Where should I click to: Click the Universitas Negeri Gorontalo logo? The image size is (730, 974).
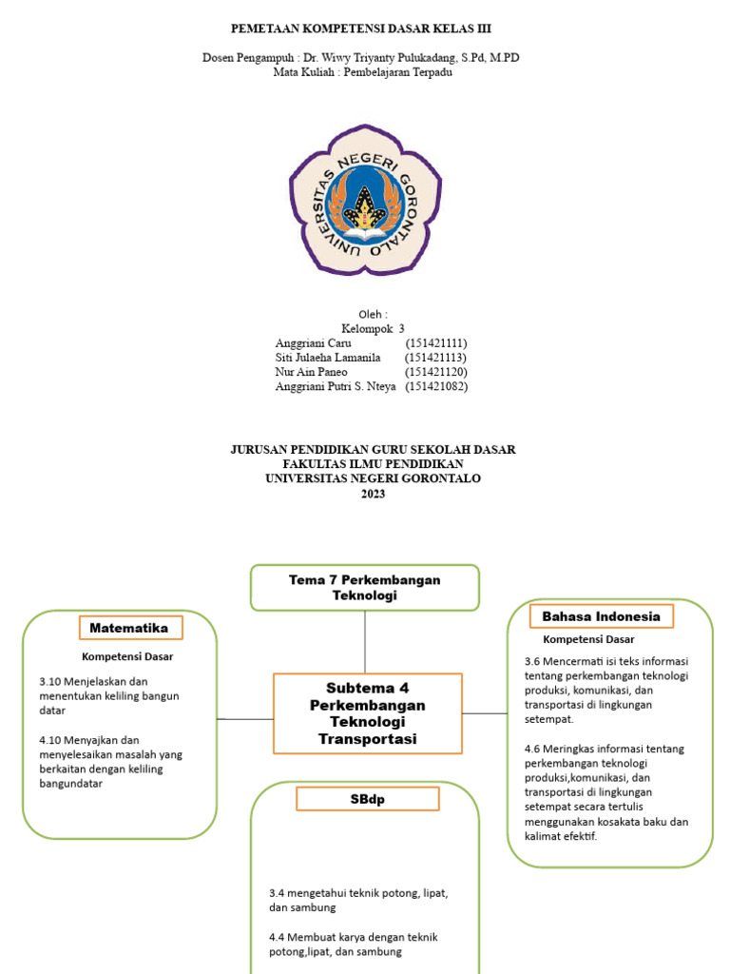(365, 200)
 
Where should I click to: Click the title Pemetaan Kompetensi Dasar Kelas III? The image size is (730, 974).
(363, 29)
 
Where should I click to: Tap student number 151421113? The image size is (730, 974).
(435, 357)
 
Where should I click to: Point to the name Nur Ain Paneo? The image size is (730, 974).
(311, 371)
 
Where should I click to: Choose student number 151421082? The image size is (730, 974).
(436, 386)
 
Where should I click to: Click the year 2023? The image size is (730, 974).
(373, 494)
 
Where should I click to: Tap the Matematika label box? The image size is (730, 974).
(129, 628)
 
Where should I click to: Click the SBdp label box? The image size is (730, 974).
(367, 799)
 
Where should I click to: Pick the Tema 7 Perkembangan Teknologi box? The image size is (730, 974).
(365, 587)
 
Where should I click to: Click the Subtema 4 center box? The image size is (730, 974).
(368, 713)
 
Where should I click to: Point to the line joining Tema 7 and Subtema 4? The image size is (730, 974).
(365, 642)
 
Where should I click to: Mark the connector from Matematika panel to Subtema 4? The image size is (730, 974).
(245, 719)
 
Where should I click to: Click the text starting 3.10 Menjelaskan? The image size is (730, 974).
(109, 695)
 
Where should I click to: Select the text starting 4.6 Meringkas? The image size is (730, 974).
(606, 791)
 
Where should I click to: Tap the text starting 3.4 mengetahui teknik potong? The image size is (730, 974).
(358, 900)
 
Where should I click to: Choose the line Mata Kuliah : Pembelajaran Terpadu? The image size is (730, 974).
(361, 72)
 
